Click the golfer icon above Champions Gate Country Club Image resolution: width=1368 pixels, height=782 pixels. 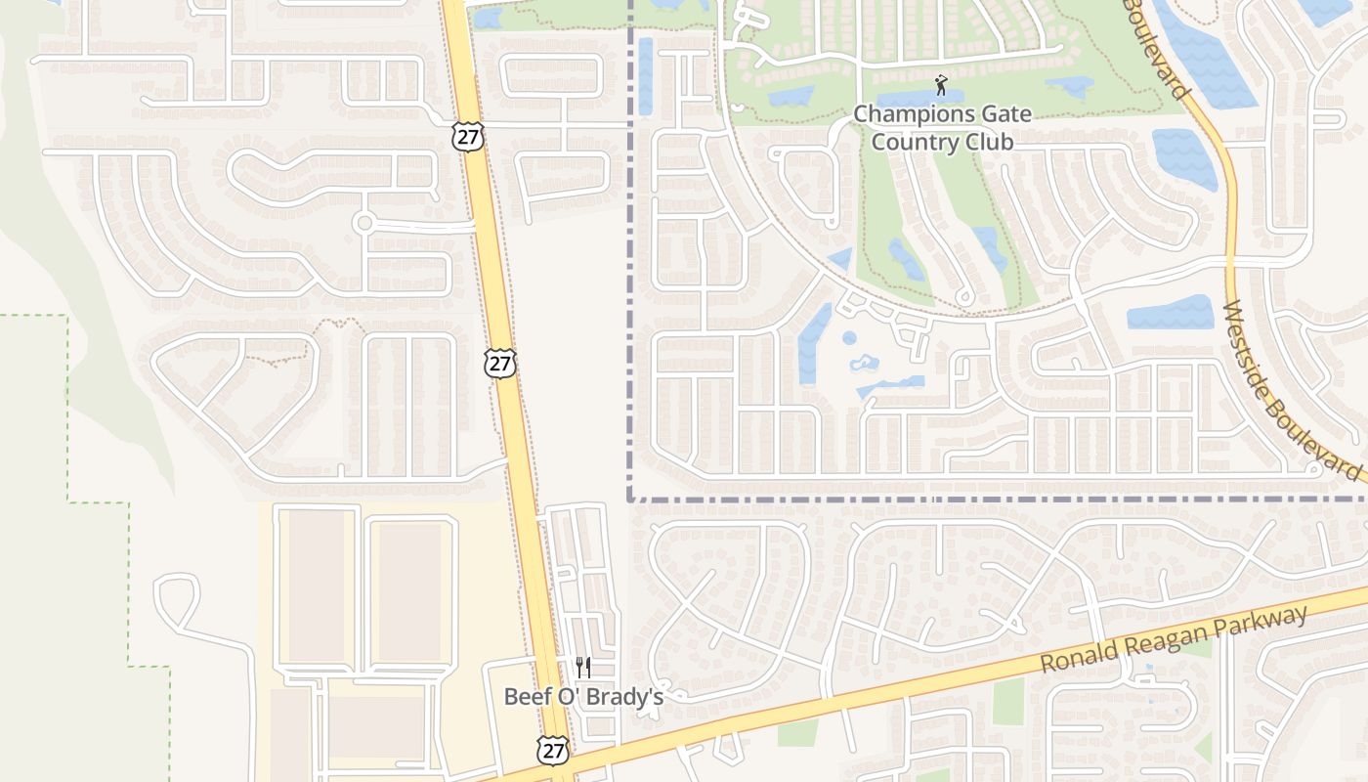coord(941,84)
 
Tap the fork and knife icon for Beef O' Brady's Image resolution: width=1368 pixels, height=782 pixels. coord(583,668)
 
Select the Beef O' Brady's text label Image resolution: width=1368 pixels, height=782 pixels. coord(583,697)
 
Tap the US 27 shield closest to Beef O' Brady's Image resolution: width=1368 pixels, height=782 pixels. coord(553,751)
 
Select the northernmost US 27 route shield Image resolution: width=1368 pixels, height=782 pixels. coord(468,136)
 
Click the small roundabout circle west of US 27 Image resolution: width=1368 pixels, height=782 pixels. coord(364,223)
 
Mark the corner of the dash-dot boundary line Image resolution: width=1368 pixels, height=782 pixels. coord(629,499)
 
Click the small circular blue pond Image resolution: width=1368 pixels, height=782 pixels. coord(849,338)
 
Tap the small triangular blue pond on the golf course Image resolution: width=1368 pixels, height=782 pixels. coord(840,259)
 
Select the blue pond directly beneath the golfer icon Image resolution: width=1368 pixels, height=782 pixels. coord(919,99)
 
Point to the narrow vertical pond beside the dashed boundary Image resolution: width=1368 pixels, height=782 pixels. coord(645,74)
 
